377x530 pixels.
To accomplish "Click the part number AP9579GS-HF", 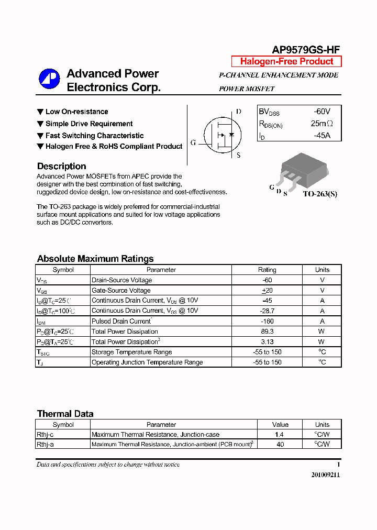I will coord(306,50).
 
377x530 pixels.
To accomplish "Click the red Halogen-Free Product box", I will coord(286,61).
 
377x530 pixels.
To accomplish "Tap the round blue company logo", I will coord(49,80).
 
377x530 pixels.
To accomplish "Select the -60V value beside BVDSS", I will coord(321,112).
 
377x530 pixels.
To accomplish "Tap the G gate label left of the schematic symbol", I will coord(193,142).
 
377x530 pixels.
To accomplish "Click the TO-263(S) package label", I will coord(320,194).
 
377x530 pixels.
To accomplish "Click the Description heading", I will coord(61,166).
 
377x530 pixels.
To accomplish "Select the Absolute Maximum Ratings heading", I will coord(95,259).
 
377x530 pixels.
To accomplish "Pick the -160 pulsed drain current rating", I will coord(267,321).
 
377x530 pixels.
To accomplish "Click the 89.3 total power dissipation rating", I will coord(267,332).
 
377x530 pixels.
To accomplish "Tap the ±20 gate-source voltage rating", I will coord(267,290).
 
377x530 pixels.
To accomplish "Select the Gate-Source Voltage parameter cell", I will coord(121,290).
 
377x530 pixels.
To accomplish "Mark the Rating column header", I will coord(267,270).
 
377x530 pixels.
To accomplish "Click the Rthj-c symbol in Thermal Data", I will coord(45,434).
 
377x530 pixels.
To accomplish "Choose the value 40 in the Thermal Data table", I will coord(280,444).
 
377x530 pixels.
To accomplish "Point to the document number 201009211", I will coord(325,475).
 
